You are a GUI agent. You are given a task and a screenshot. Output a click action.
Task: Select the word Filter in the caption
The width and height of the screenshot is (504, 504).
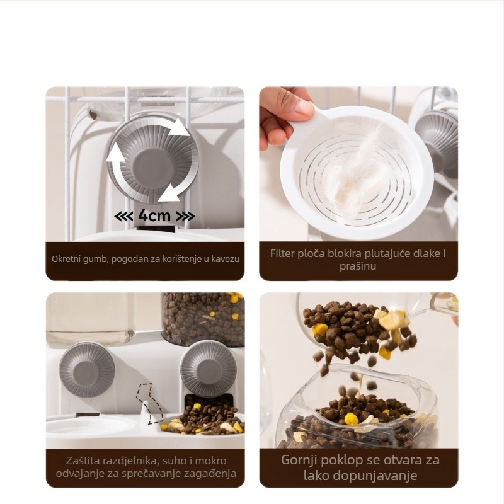tap(282, 253)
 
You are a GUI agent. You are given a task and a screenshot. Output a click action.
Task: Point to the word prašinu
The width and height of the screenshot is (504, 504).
tap(358, 266)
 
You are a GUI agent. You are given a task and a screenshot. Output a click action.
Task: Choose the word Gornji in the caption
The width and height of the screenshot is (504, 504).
tap(300, 461)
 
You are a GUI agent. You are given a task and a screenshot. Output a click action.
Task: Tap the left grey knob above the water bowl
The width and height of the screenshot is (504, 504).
tap(87, 369)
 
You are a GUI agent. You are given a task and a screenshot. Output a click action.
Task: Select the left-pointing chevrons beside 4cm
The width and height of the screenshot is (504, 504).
tap(123, 216)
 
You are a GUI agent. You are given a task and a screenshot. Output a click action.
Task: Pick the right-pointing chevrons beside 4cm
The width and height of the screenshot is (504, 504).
tap(185, 216)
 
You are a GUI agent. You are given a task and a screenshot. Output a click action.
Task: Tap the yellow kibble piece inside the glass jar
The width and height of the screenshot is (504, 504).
tap(352, 419)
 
